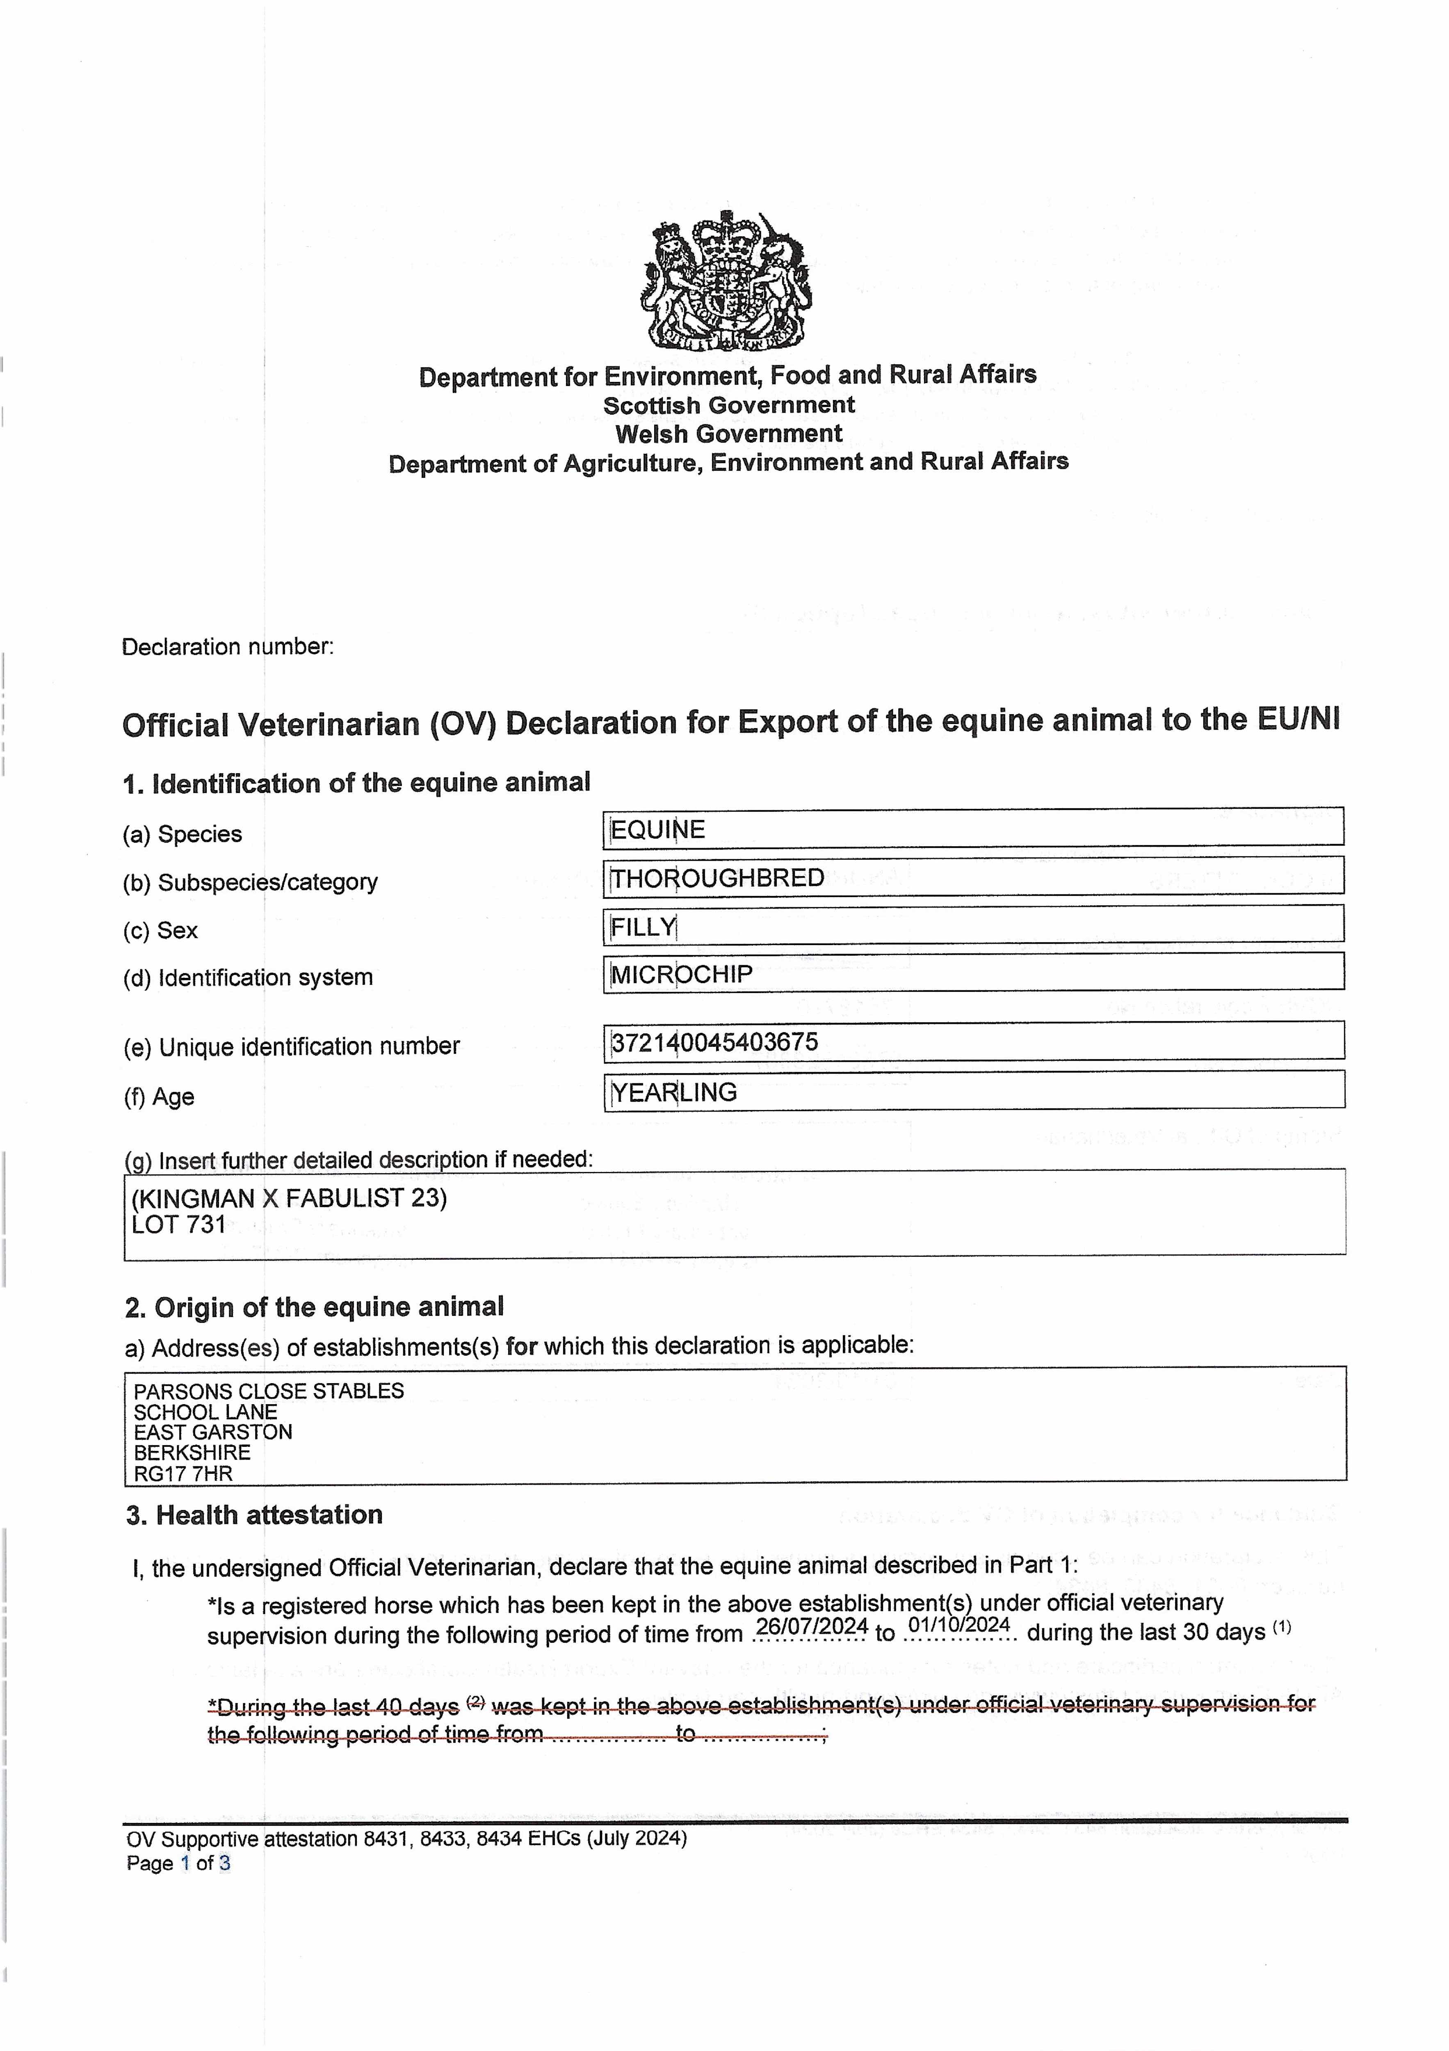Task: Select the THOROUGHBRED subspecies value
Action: [x=717, y=878]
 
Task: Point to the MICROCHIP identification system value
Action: [x=682, y=975]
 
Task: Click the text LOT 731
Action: [x=179, y=1225]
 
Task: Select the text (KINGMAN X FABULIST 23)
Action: [x=289, y=1198]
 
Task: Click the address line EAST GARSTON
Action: [x=212, y=1432]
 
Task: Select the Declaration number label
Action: [x=228, y=647]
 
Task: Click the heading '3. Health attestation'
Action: [x=255, y=1515]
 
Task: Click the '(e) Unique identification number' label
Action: [x=291, y=1047]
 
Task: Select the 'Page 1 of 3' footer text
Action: [x=179, y=1864]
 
